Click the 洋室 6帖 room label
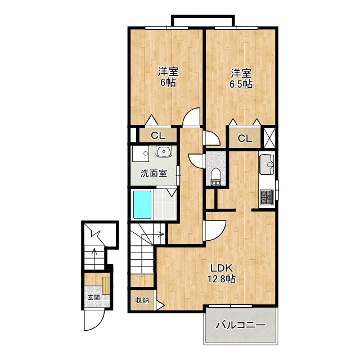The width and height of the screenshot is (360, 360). coord(168,77)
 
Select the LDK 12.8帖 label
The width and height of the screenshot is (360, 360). coord(222,273)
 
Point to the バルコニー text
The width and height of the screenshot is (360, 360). coord(240,325)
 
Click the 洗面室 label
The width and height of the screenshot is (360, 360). coord(154,173)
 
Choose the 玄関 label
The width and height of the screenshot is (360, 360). coord(94,298)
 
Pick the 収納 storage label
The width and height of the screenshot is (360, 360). coord(142,300)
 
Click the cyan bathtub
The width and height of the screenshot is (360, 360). coord(142,205)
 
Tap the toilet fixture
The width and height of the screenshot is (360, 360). coord(216,176)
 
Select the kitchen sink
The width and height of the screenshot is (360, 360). coord(267,164)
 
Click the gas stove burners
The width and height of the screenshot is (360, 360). coord(266,197)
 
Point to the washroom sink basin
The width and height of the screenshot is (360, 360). coord(163,151)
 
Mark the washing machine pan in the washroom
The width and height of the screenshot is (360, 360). coord(141,154)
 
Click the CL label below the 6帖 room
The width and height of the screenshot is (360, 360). coord(158,136)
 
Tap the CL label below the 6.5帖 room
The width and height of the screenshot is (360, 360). coord(245,138)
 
